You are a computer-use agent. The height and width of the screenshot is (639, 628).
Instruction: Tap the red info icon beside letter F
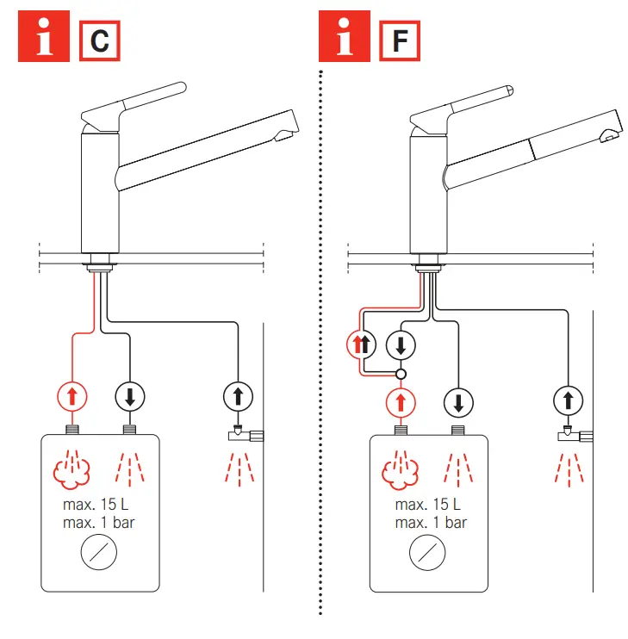point(345,37)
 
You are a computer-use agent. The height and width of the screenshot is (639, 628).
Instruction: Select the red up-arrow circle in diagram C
point(72,397)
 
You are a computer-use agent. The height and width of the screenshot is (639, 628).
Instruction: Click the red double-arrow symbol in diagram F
point(362,345)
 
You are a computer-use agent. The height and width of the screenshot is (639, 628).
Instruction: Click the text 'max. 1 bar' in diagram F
point(431,523)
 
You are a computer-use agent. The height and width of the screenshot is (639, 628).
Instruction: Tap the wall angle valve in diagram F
point(571,435)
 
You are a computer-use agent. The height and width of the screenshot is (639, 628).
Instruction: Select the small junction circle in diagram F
point(401,375)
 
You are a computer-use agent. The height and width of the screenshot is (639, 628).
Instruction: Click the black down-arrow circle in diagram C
point(130,397)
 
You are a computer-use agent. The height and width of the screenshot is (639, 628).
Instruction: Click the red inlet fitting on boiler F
point(401,431)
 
